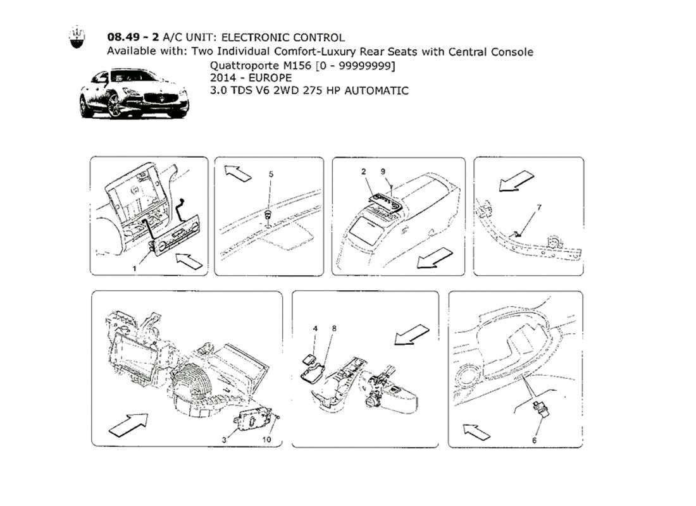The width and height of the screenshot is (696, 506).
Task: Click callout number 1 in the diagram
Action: pyautogui.click(x=135, y=268)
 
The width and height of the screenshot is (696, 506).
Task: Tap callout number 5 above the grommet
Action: pyautogui.click(x=271, y=175)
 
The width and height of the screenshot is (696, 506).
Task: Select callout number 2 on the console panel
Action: pyautogui.click(x=364, y=171)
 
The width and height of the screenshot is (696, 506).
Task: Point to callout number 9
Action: pyautogui.click(x=383, y=171)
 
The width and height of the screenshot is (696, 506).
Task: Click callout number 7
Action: pyautogui.click(x=539, y=207)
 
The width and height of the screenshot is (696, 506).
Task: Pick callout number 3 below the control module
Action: pyautogui.click(x=225, y=440)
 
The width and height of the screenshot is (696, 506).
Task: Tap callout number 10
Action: pyautogui.click(x=267, y=440)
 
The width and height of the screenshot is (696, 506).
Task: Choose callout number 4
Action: pyautogui.click(x=315, y=328)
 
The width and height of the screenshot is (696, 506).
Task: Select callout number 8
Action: pyautogui.click(x=334, y=328)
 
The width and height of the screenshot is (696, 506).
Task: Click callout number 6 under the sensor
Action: pyautogui.click(x=534, y=440)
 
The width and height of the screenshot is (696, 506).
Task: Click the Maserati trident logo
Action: pyautogui.click(x=77, y=37)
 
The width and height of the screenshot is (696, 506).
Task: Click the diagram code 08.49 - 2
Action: pyautogui.click(x=133, y=37)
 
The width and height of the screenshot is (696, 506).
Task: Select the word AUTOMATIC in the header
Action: pyautogui.click(x=376, y=91)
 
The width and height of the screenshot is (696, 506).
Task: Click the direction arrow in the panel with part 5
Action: pyautogui.click(x=237, y=173)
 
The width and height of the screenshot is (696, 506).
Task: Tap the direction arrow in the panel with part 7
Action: pyautogui.click(x=517, y=181)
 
